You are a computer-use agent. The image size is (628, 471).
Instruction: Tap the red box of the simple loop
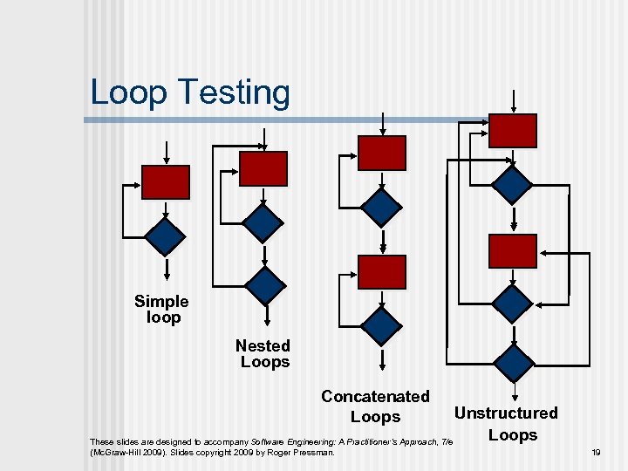(x=165, y=182)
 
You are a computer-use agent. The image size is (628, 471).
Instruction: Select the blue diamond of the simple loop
(x=165, y=235)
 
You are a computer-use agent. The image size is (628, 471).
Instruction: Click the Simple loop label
(x=161, y=310)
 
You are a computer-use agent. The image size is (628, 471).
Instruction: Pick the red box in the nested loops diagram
(x=263, y=168)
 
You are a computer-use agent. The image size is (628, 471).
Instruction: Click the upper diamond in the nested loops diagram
(x=263, y=223)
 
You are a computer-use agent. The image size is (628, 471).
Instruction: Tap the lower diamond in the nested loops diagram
(x=263, y=284)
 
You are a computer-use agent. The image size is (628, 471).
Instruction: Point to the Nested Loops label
(x=263, y=353)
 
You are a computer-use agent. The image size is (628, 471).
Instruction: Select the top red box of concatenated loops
(x=382, y=153)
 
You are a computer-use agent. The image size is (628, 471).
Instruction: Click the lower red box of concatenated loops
(x=382, y=272)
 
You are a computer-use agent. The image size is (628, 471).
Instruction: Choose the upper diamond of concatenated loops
(x=382, y=207)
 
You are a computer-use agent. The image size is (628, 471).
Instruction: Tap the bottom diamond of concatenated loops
(x=382, y=325)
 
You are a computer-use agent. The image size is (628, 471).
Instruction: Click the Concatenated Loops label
(x=375, y=406)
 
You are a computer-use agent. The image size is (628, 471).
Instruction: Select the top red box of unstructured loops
(x=513, y=131)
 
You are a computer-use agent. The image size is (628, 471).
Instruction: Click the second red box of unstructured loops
(x=513, y=251)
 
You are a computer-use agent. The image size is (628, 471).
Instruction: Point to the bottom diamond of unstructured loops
(x=513, y=360)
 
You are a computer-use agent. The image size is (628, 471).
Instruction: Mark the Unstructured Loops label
(x=507, y=424)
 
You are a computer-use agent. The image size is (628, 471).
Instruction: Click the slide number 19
(x=597, y=453)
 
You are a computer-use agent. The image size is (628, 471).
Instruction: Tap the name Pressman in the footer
(x=314, y=453)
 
